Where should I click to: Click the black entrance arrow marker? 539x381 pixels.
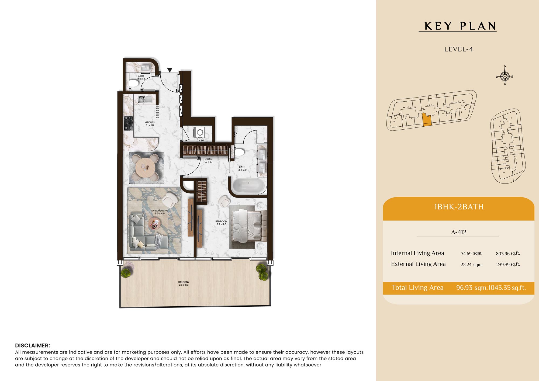tap(170, 70)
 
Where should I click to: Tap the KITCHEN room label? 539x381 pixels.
tap(150, 122)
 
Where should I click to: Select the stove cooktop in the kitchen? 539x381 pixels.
tap(129, 123)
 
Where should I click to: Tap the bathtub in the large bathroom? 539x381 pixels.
tap(248, 186)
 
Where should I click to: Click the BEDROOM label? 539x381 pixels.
tap(221, 221)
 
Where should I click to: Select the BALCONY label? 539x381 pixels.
tap(184, 282)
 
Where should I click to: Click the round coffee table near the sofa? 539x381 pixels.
tap(154, 224)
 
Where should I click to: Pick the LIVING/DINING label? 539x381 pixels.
tap(160, 211)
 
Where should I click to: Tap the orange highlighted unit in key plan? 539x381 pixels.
tap(427, 120)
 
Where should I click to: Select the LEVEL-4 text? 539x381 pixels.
tap(458, 49)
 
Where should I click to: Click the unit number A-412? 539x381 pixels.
tap(459, 232)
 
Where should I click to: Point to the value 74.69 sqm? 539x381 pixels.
tap(471, 254)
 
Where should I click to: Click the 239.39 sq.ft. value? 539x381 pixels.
tap(508, 264)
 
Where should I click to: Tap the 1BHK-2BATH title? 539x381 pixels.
tap(459, 207)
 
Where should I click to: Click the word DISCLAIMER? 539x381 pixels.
tap(32, 345)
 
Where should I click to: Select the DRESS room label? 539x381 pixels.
tap(208, 159)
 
